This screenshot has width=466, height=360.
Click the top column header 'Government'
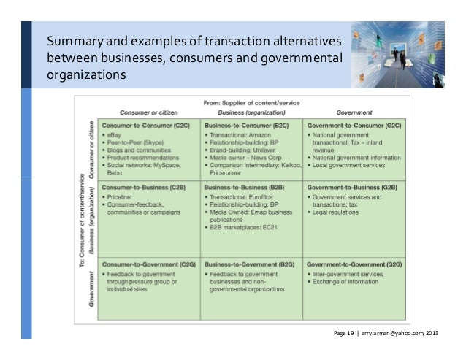pos(354,112)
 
